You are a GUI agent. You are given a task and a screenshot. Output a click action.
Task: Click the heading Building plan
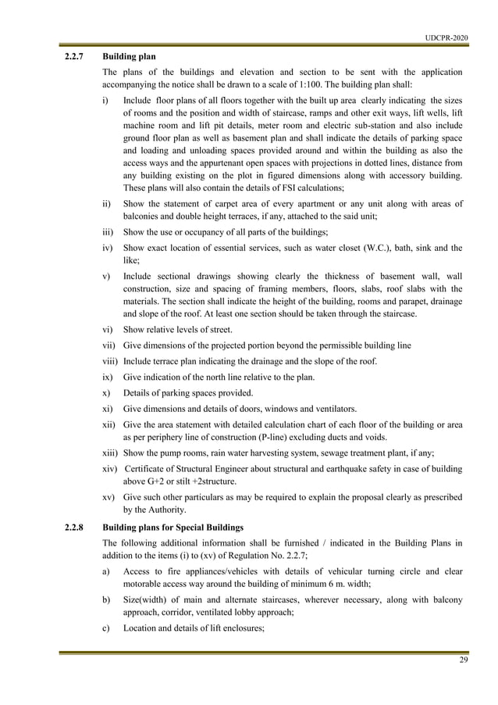tap(130, 57)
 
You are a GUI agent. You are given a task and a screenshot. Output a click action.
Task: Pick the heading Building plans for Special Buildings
tap(173, 528)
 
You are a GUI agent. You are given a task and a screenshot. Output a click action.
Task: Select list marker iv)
tap(108, 248)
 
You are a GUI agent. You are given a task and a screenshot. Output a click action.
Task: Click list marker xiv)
tap(110, 467)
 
